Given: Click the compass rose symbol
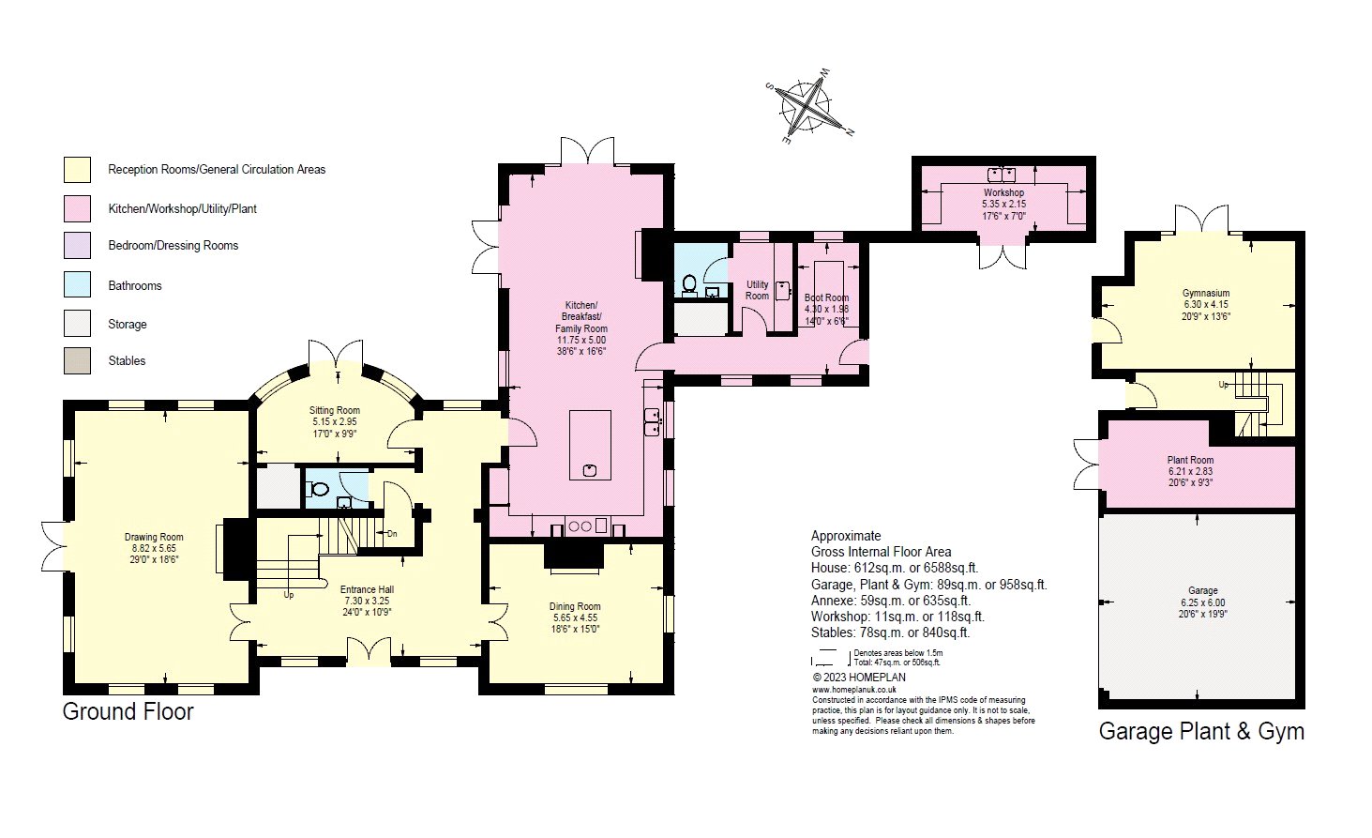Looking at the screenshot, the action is click(808, 107).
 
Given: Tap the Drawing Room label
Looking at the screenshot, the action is click(154, 537).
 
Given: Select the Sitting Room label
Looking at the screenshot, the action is click(335, 410).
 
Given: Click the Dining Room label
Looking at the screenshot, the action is click(575, 606).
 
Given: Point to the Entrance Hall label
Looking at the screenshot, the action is click(367, 589).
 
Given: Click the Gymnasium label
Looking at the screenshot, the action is click(1206, 293).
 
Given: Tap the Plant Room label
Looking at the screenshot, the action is click(1190, 460).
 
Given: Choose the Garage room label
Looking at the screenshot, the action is click(1203, 590).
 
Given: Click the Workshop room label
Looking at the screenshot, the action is click(1003, 192).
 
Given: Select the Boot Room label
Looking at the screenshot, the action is click(826, 297).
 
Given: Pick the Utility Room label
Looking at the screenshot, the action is click(757, 290).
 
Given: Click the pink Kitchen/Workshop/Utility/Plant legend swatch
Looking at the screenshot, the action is click(77, 208).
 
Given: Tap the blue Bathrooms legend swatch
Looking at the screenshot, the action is click(77, 285).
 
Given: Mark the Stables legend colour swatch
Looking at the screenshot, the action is click(77, 361).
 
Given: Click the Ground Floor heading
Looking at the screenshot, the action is click(128, 711).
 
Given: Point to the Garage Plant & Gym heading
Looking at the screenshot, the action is click(1201, 731).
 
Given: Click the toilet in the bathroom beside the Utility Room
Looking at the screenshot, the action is click(689, 285).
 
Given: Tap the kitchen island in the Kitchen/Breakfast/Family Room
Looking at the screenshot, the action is click(590, 445).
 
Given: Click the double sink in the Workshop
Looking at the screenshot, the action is click(1002, 175).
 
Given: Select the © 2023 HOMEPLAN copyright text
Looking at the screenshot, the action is click(859, 678).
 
